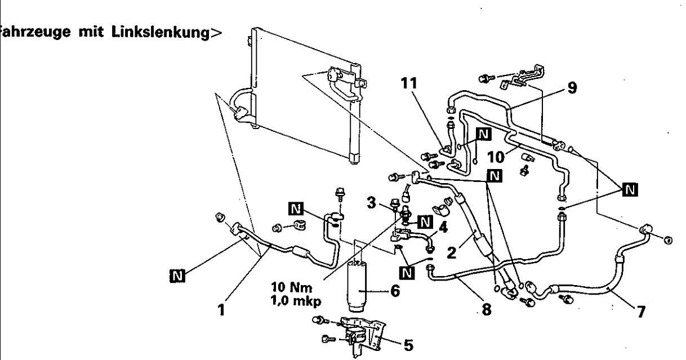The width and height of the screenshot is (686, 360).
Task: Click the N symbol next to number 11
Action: pos(483,133)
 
